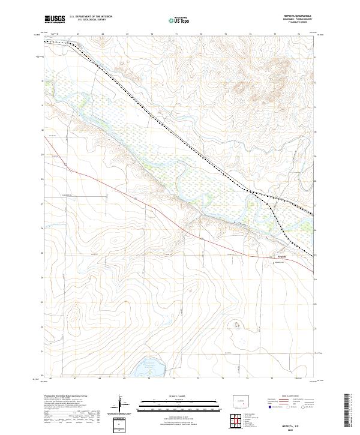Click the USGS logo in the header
(55, 20)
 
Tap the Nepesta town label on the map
(282, 256)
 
